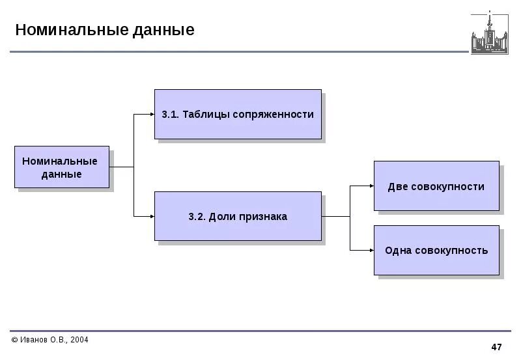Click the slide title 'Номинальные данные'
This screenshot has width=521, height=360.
pos(105,31)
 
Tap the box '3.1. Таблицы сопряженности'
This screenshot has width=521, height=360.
pos(238,115)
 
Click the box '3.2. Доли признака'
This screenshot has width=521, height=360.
pos(238,217)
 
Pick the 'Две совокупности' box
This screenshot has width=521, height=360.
pos(436,187)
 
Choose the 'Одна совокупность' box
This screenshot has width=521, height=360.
pos(436,251)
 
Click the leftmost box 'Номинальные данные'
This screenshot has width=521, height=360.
pos(61,167)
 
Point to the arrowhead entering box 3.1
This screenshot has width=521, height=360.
pos(151,115)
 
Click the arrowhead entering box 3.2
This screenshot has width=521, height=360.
pos(151,216)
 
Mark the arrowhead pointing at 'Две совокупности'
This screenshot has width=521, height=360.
pos(371,186)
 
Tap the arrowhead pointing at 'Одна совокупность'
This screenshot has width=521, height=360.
pos(371,250)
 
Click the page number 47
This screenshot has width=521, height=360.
pos(496,346)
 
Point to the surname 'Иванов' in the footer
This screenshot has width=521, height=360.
pos(35,340)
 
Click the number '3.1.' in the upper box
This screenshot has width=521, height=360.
pos(170,115)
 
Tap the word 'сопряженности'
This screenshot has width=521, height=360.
pos(281,115)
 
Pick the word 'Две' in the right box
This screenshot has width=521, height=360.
pos(398,187)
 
